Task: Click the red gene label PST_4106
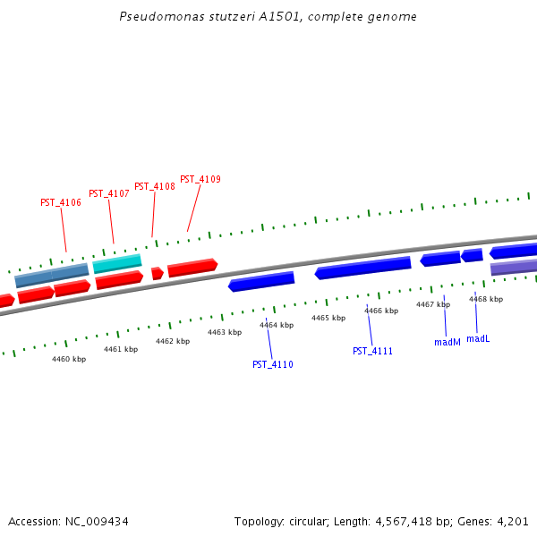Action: point(61,203)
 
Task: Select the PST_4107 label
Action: point(109,194)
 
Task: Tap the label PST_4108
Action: point(155,187)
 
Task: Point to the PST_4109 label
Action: point(200,180)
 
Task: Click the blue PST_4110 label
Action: point(273,365)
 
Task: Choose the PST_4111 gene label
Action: point(372,352)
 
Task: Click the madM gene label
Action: point(447,343)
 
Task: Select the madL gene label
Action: point(478,339)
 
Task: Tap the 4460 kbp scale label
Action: point(69,359)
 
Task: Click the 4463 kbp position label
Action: point(225,332)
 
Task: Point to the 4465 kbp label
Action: point(328,319)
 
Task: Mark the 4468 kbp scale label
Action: point(486,300)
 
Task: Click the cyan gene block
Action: point(117,263)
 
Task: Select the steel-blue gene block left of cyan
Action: point(52,275)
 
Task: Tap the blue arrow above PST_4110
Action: point(261,282)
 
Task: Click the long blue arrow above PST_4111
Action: point(362,268)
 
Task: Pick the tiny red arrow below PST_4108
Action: point(157,273)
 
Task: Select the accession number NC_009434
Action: point(98,521)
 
